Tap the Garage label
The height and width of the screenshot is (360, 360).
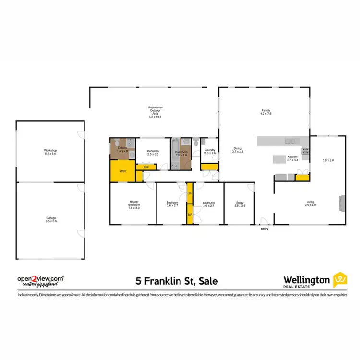click(50, 219)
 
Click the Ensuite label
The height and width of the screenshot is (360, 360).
click(122, 149)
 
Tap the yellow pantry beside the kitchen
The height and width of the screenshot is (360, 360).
click(302, 178)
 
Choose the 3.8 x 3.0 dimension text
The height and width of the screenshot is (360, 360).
click(328, 160)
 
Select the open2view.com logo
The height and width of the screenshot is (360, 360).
click(41, 278)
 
